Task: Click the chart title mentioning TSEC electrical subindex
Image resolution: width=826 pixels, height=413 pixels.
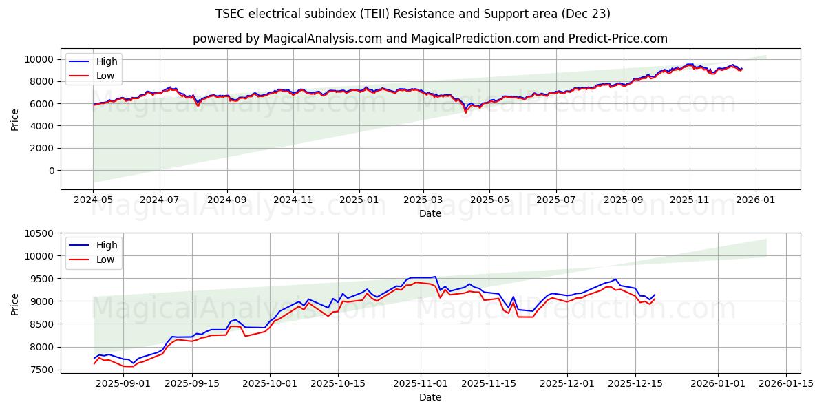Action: point(413,14)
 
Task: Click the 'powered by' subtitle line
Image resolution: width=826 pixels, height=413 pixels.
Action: point(430,39)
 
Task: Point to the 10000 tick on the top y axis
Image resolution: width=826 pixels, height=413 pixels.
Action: point(40,59)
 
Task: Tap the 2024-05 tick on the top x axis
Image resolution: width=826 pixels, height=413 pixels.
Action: point(93,200)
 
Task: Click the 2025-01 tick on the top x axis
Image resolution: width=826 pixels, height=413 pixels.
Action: point(359,200)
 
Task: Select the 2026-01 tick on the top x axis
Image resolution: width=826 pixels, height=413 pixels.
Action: point(756,200)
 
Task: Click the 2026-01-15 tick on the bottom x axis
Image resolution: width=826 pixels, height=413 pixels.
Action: point(785,383)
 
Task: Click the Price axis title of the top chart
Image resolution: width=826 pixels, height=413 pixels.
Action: point(15,119)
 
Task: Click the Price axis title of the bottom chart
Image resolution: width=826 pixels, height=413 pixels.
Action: point(15,304)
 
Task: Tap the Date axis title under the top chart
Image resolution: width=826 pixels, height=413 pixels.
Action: point(430,213)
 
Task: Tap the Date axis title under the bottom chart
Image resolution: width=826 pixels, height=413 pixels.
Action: point(430,397)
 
